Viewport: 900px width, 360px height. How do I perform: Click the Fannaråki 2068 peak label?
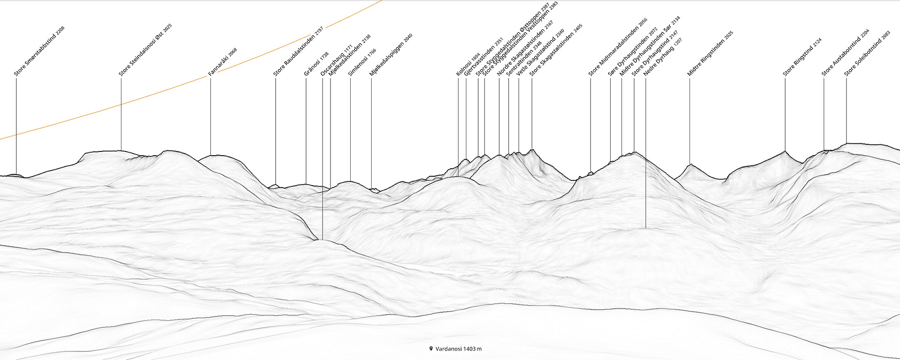click(x=223, y=62)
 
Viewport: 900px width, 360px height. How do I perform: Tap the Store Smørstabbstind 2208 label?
click(x=39, y=52)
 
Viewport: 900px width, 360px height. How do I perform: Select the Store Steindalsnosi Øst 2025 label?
click(x=145, y=50)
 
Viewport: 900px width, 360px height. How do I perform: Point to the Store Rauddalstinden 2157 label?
click(x=298, y=52)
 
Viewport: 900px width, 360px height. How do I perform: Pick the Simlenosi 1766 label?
click(x=362, y=63)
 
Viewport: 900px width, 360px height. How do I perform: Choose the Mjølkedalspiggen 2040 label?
click(x=391, y=55)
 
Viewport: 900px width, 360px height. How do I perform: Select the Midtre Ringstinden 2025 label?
click(x=710, y=54)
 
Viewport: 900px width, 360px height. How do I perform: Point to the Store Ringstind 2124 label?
click(x=802, y=57)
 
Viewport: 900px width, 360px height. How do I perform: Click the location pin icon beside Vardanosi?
click(x=431, y=349)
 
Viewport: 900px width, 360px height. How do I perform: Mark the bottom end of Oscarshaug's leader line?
click(x=322, y=240)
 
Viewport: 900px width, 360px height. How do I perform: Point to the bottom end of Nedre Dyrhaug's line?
click(x=645, y=228)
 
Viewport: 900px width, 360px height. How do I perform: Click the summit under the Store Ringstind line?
click(x=785, y=151)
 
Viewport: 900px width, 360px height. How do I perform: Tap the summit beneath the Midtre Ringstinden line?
click(x=690, y=164)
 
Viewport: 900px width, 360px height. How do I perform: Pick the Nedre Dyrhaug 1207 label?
click(x=662, y=57)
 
